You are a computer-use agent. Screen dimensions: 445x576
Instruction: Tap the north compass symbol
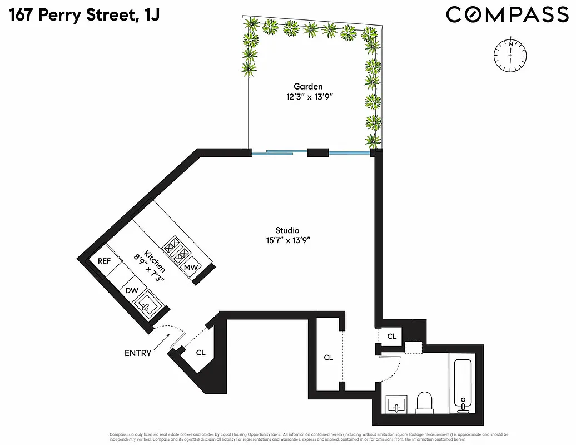(509, 56)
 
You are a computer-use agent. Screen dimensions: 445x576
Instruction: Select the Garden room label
(308, 86)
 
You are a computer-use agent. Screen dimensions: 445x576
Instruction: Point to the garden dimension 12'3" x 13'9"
(308, 96)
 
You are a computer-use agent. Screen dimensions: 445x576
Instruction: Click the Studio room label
(287, 230)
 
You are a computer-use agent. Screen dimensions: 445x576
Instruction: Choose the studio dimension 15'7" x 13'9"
(287, 240)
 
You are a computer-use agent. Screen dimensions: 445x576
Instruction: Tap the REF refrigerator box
(105, 261)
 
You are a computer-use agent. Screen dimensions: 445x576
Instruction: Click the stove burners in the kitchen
(177, 250)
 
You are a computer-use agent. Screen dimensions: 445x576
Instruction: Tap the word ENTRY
(137, 353)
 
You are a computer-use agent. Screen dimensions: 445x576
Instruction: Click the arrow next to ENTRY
(160, 341)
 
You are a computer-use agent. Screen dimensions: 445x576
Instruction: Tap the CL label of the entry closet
(201, 352)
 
